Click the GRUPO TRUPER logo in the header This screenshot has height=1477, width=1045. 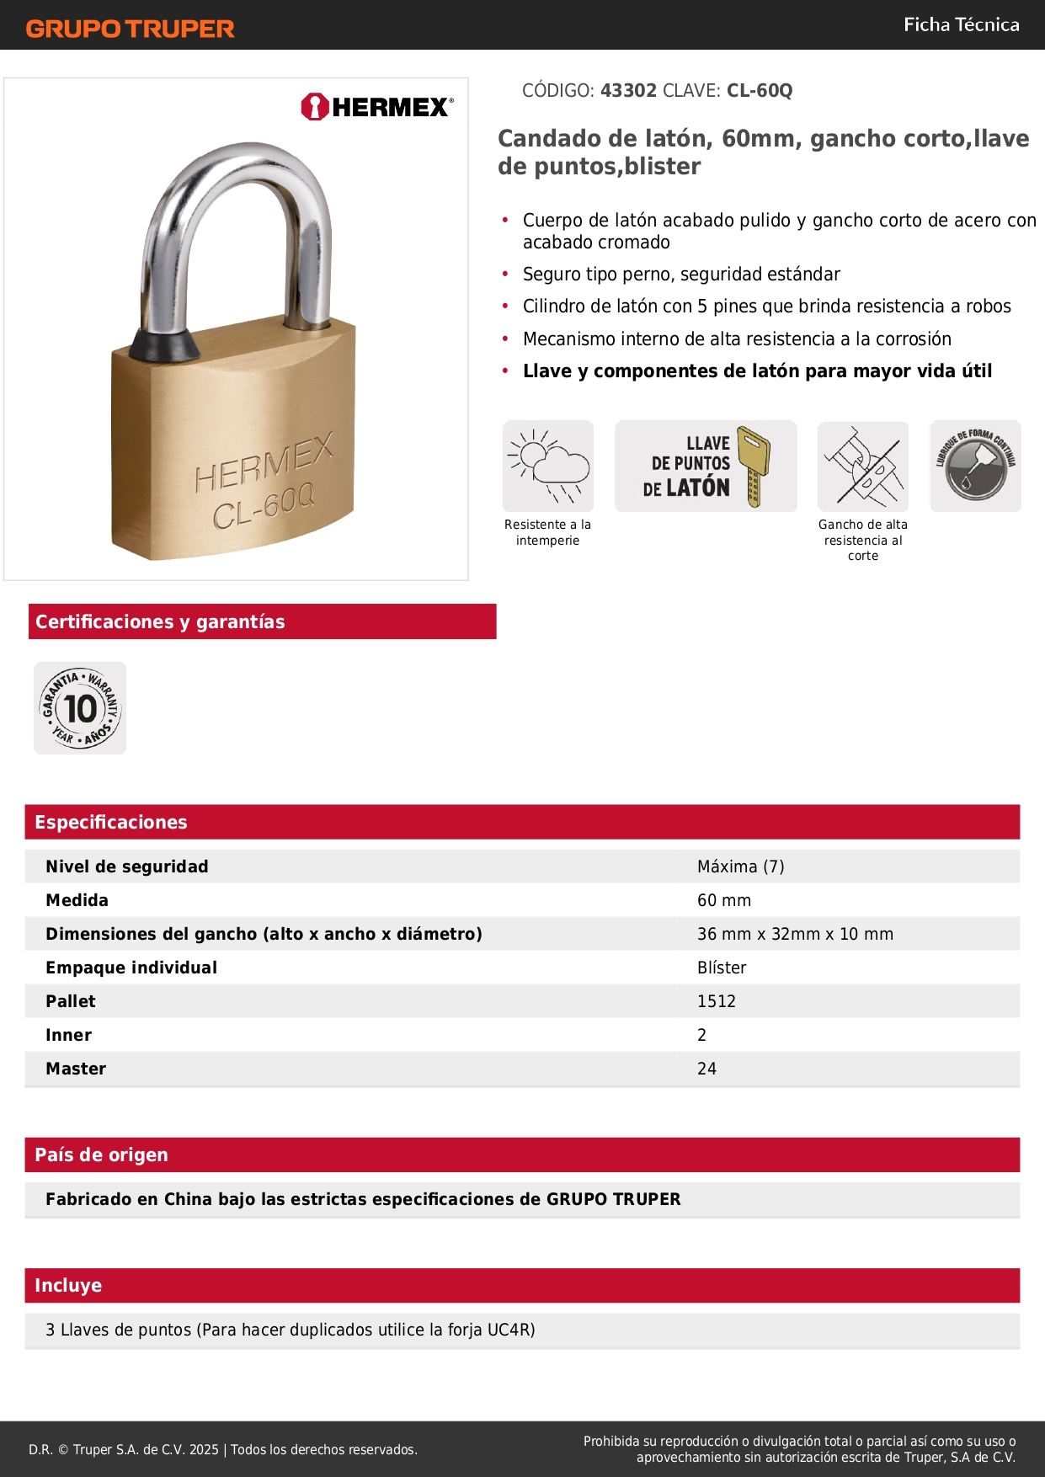(x=130, y=29)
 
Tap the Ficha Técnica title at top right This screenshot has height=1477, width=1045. (x=961, y=24)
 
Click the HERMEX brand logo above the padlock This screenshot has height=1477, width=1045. (x=377, y=107)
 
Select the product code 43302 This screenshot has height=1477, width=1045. (x=628, y=91)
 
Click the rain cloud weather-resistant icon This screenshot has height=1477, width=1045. (x=548, y=466)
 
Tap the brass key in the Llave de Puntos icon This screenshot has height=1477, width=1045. (x=753, y=466)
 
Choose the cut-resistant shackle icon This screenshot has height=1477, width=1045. (x=863, y=466)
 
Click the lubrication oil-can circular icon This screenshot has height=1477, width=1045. (x=975, y=466)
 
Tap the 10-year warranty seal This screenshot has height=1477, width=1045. (x=80, y=708)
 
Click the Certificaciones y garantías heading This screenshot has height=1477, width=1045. (x=160, y=621)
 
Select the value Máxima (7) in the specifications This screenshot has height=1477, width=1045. (x=740, y=866)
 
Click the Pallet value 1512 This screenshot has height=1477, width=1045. (x=717, y=1001)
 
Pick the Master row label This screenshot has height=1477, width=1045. (x=76, y=1069)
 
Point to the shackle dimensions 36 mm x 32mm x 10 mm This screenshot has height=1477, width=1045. (x=795, y=934)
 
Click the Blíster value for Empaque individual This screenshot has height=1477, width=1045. (x=722, y=968)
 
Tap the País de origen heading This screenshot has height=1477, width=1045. (x=101, y=1154)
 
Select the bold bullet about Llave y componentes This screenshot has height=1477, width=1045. (x=757, y=371)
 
